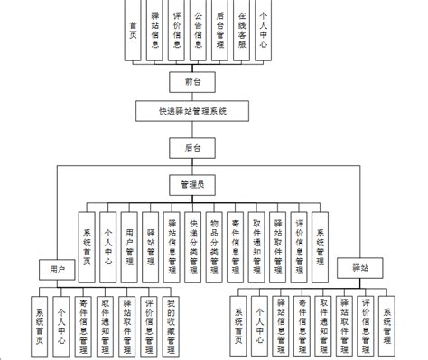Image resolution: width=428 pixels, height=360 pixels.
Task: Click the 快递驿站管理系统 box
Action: coord(192,112)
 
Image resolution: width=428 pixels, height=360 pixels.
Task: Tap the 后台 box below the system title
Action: coord(192,144)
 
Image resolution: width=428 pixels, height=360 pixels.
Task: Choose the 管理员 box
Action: coord(192,183)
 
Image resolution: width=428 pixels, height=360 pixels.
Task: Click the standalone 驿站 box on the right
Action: coord(358,268)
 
